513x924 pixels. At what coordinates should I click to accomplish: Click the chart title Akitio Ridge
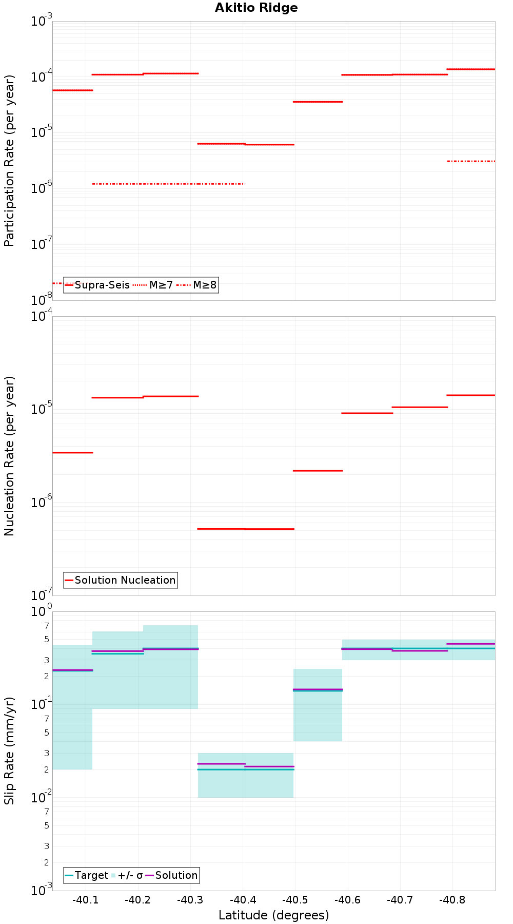pyautogui.click(x=256, y=8)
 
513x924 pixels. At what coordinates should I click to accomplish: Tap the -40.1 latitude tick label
pyautogui.click(x=85, y=900)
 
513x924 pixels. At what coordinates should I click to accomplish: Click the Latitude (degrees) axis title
pyautogui.click(x=273, y=915)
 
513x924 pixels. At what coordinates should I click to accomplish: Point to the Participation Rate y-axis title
pyautogui.click(x=9, y=160)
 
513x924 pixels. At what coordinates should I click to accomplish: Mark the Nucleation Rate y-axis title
pyautogui.click(x=9, y=456)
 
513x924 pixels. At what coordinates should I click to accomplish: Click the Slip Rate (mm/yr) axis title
pyautogui.click(x=9, y=750)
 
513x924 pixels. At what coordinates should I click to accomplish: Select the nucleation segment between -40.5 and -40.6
pyautogui.click(x=318, y=471)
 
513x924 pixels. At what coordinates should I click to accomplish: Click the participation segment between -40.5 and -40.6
pyautogui.click(x=318, y=102)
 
